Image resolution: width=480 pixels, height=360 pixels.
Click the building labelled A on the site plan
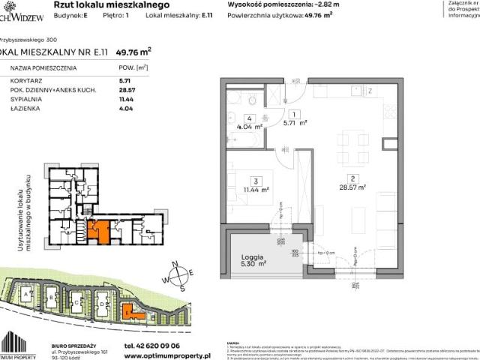pyautogui.click(x=28, y=297)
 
